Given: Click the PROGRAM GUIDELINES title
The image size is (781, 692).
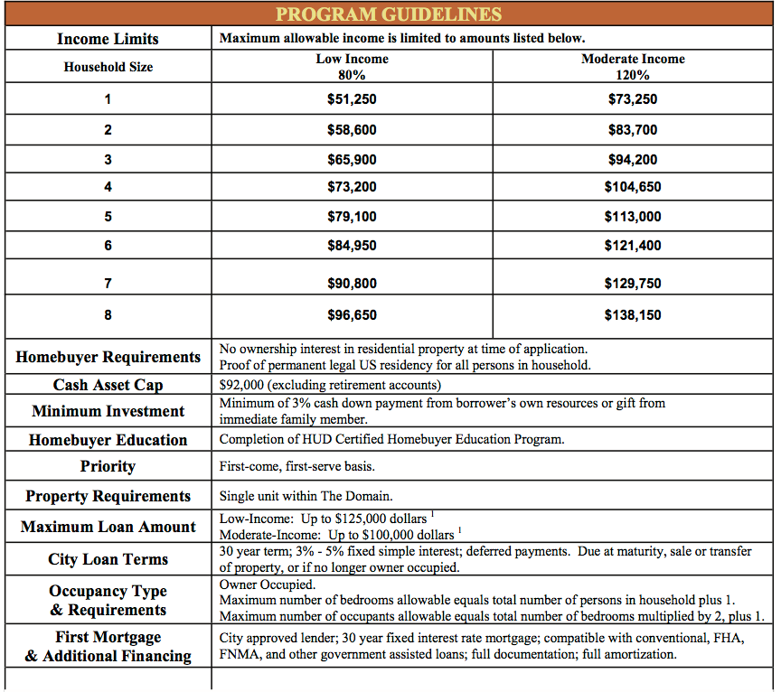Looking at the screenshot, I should point(389,14).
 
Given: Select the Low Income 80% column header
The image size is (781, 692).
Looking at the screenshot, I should point(352,67).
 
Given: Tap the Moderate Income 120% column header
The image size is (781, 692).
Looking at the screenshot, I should point(632,67).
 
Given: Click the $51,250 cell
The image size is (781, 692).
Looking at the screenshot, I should point(352,99).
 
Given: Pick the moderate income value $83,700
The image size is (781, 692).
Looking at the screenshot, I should point(632,129).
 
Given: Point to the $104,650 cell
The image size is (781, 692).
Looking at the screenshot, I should point(632,187).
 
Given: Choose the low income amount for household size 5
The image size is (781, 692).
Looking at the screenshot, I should point(352,217).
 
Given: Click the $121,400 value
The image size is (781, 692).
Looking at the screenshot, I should point(632,246).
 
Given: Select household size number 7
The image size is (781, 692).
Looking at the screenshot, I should point(108,283).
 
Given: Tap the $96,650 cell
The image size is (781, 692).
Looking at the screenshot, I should point(352,315).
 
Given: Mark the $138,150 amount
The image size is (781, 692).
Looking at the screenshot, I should point(632,315).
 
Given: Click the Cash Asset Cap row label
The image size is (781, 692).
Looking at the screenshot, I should point(108,385).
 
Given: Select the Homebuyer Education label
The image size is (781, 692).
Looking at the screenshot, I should point(108,440).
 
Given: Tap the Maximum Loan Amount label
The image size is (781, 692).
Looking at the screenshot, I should point(108,527).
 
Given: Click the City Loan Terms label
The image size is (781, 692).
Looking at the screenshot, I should point(108,559).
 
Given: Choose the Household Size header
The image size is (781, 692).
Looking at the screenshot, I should point(108,67).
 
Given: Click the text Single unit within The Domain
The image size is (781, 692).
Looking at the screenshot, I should point(306,496).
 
